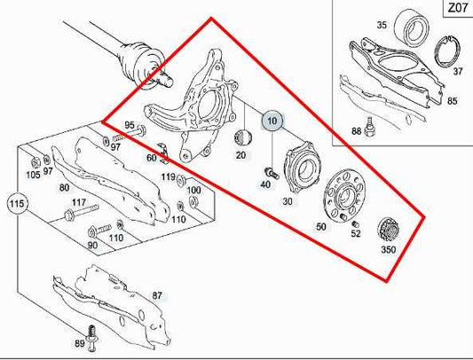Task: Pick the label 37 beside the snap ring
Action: pyautogui.click(x=457, y=71)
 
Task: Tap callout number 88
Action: pyautogui.click(x=356, y=132)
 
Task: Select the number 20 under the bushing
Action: pyautogui.click(x=240, y=155)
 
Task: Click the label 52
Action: pyautogui.click(x=355, y=233)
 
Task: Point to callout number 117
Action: pyautogui.click(x=79, y=203)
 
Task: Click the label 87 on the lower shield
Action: pyautogui.click(x=157, y=294)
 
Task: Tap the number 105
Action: pyautogui.click(x=33, y=174)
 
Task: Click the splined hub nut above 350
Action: pyautogui.click(x=388, y=228)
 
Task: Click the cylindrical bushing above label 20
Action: pyautogui.click(x=241, y=137)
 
